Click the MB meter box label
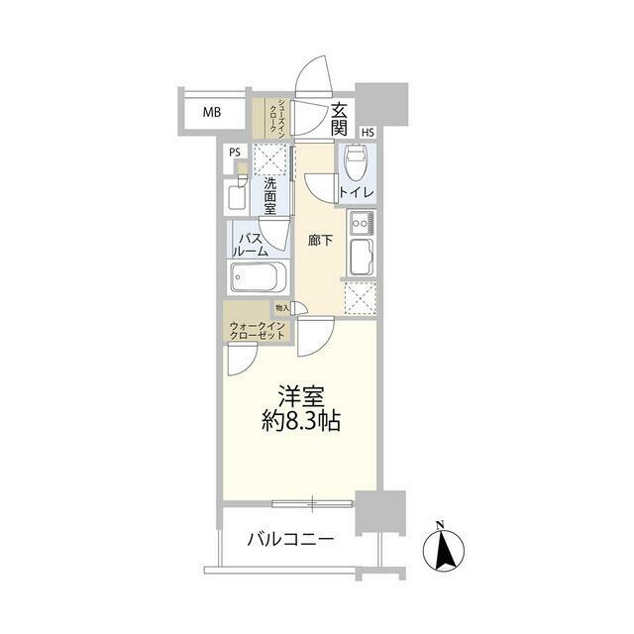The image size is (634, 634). [x=212, y=112]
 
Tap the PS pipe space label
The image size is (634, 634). [x=235, y=153]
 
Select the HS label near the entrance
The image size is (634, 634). [x=368, y=132]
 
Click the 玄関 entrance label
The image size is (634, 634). [x=339, y=119]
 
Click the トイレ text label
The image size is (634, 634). [x=357, y=192]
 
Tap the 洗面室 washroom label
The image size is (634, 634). [x=270, y=196]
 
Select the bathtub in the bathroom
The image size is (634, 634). [x=259, y=277]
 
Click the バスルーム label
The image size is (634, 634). [x=251, y=245]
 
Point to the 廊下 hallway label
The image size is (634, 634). [x=320, y=241]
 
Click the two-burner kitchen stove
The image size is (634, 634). [x=363, y=223]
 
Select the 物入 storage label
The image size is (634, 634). [x=282, y=308]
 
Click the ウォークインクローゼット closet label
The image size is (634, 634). [x=258, y=330]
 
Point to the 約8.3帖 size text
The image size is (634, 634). [x=301, y=422]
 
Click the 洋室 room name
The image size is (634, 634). [x=301, y=396]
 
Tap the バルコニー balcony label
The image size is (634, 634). [x=290, y=539]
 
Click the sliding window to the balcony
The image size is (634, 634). [x=313, y=503]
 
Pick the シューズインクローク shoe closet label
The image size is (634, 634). [x=277, y=116]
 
